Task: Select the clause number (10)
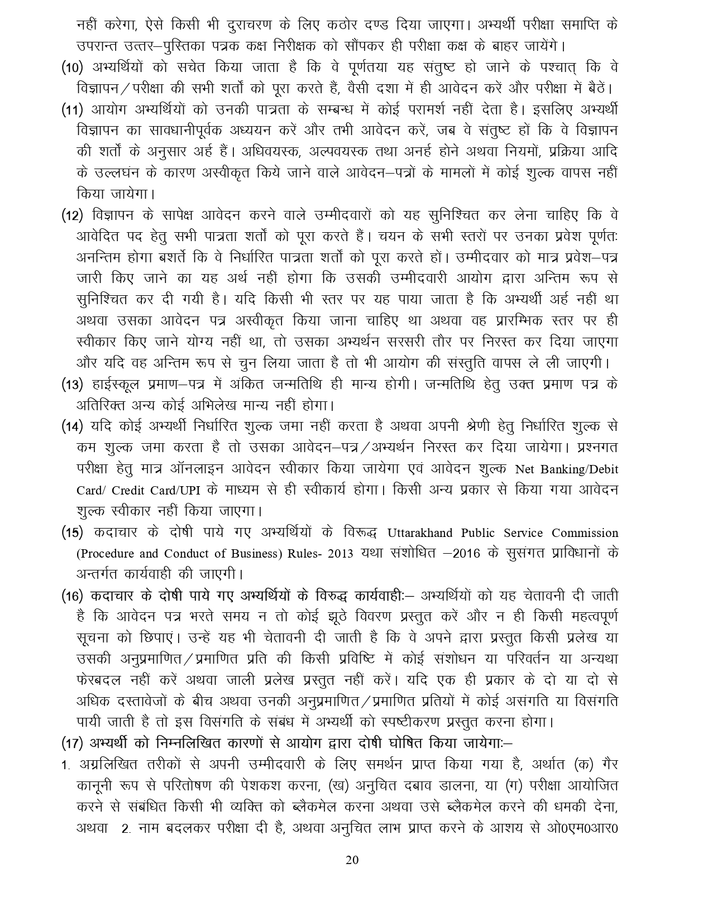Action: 72,68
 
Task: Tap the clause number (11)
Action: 72,109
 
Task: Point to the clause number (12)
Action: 72,215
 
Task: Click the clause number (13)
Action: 72,384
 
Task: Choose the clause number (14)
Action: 72,426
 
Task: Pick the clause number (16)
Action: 72,596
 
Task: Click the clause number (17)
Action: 72,743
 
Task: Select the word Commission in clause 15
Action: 585,533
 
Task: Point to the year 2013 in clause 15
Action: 341,554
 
